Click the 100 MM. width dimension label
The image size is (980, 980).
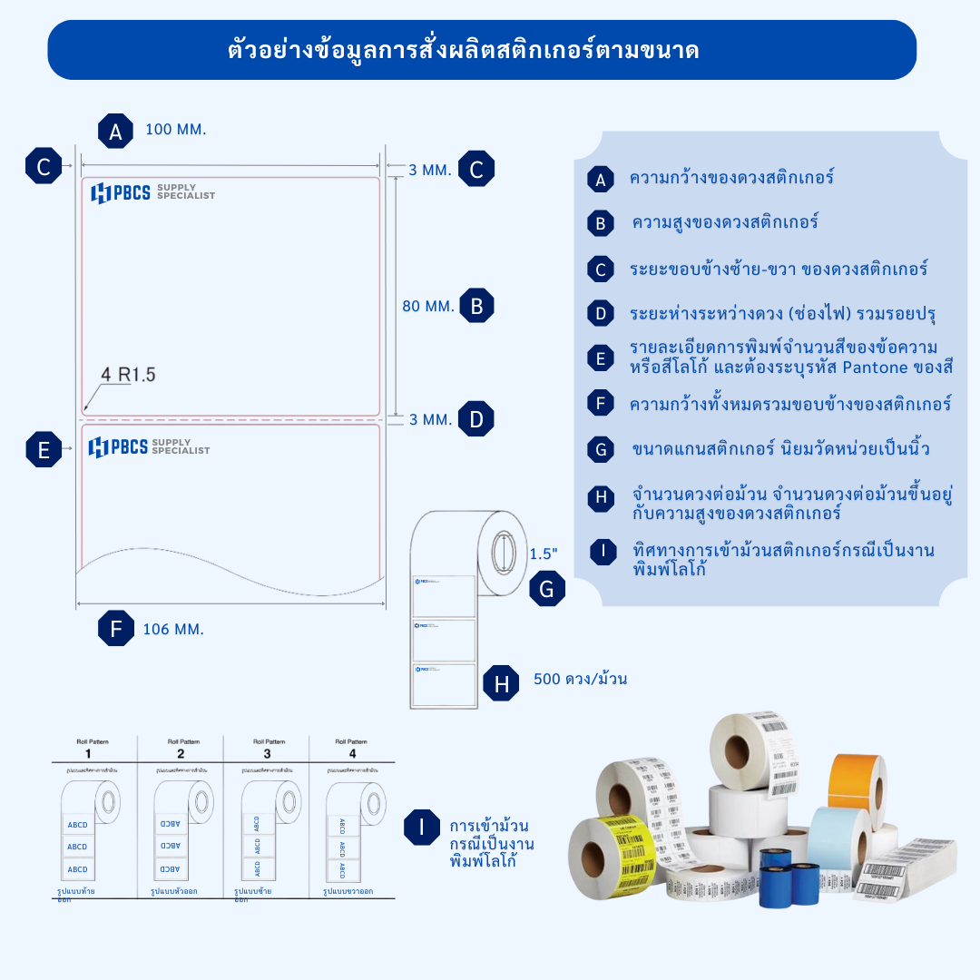[x=176, y=129]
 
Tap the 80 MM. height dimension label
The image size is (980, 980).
[x=428, y=307]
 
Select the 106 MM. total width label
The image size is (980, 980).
[x=172, y=629]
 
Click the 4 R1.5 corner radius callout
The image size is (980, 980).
[x=128, y=374]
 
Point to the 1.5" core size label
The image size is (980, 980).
[x=544, y=553]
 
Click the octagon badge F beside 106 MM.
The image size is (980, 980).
[x=115, y=629]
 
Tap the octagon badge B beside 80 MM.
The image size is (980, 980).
[x=476, y=307]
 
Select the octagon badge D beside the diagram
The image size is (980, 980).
[x=476, y=419]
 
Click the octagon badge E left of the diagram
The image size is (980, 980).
[x=44, y=449]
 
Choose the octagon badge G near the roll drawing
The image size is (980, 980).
[x=546, y=591]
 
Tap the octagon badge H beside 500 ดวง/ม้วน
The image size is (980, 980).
[x=502, y=683]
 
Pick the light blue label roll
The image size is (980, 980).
[x=839, y=844]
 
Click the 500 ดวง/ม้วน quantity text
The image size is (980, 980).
[x=581, y=679]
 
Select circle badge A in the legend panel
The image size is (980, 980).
[x=600, y=180]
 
